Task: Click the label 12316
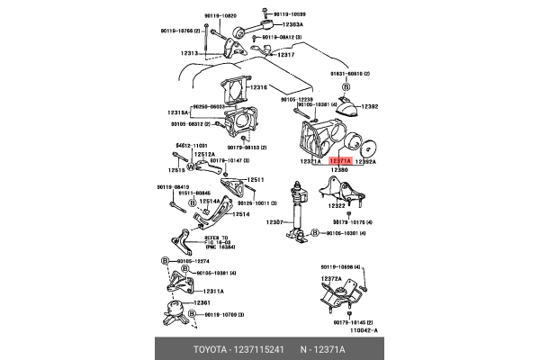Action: (x=259, y=87)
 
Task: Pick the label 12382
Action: (x=370, y=106)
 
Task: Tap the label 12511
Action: (x=256, y=179)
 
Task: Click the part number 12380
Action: (x=339, y=169)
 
